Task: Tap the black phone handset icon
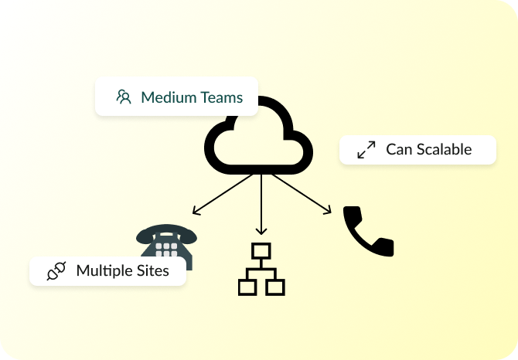click(x=368, y=231)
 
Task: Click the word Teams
click(x=220, y=98)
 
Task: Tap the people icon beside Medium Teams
click(x=124, y=98)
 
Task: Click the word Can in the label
click(x=399, y=149)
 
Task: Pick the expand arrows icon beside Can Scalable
click(x=366, y=150)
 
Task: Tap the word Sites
click(x=153, y=270)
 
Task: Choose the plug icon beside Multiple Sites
click(x=56, y=271)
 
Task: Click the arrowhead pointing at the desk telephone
click(x=196, y=211)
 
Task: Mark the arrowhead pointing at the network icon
click(x=261, y=231)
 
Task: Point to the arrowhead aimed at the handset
click(x=328, y=210)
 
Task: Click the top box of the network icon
click(x=261, y=251)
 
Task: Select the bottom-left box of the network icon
click(x=247, y=287)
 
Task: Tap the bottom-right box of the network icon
click(x=276, y=287)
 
